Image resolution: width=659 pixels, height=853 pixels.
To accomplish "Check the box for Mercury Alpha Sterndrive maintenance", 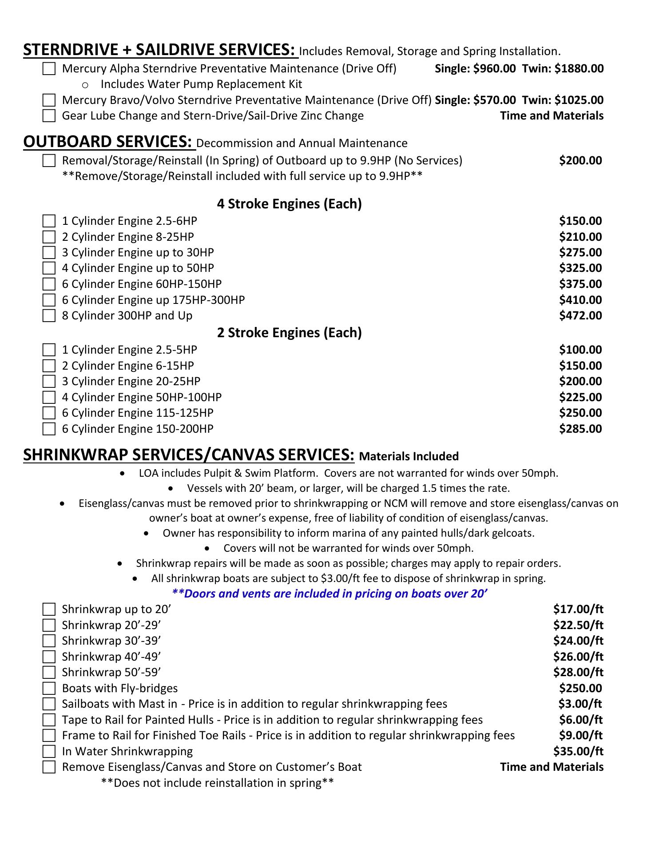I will (49, 69).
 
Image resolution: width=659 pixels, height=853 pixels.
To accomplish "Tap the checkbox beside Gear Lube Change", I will (49, 116).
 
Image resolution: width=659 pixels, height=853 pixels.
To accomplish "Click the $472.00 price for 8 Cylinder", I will (580, 315).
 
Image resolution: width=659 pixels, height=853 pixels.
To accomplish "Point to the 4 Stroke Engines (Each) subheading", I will (289, 204).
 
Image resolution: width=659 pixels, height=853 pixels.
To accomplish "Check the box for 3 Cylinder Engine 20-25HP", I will (49, 382).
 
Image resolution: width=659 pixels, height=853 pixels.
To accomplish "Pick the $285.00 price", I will (580, 429).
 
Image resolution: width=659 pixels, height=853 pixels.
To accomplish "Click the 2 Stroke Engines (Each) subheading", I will (289, 333).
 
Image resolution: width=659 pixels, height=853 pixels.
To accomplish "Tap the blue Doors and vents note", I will (329, 594).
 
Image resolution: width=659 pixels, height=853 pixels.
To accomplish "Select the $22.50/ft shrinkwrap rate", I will (578, 625).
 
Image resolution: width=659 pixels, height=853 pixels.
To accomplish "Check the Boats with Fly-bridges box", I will (49, 689).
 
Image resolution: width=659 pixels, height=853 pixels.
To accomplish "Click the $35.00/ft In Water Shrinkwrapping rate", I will (578, 751).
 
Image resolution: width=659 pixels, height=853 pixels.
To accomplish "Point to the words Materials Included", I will (409, 456).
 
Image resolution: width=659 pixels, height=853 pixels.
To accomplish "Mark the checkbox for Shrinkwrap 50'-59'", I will (49, 673).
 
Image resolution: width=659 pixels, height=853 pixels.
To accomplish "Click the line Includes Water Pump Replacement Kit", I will (201, 84).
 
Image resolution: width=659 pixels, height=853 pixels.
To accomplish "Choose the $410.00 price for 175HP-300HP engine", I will (580, 300).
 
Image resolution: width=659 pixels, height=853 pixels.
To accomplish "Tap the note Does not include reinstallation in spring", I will (217, 783).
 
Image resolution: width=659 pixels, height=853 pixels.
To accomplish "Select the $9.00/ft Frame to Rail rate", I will (580, 735).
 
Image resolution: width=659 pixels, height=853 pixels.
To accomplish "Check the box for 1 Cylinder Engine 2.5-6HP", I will (49, 221).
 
